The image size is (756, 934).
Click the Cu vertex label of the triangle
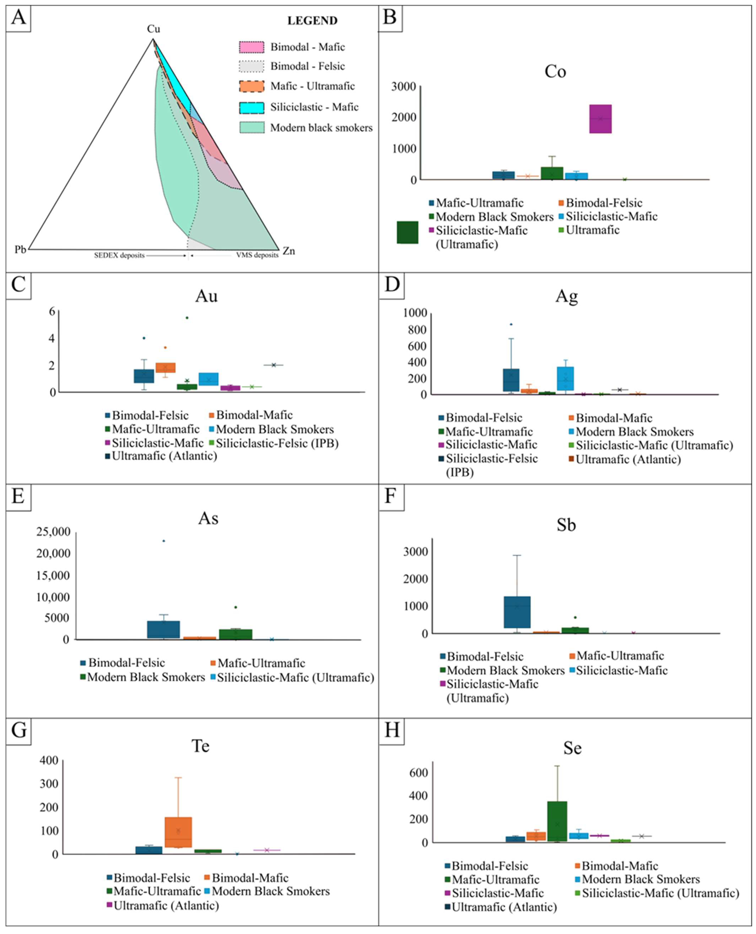tap(153, 29)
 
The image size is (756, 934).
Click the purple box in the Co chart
tap(601, 119)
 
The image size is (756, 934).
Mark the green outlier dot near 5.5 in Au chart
tap(187, 318)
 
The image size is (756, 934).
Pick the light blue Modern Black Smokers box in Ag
tap(565, 379)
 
